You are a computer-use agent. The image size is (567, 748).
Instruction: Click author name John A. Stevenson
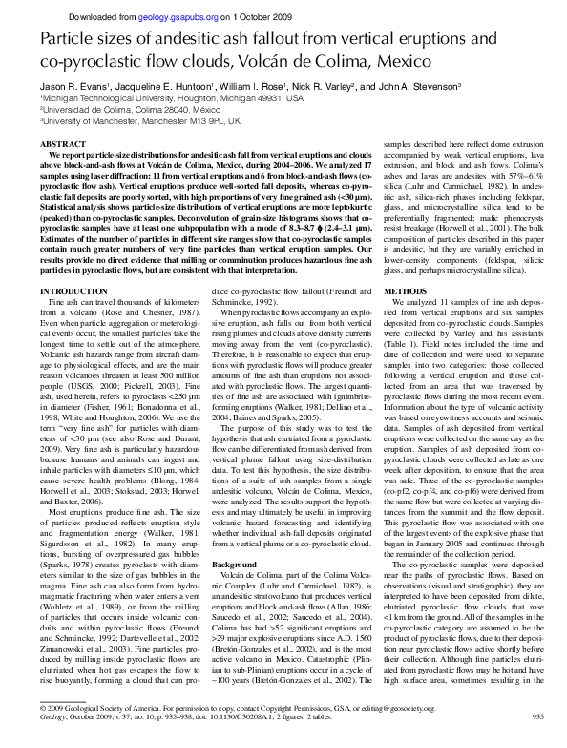pyautogui.click(x=419, y=85)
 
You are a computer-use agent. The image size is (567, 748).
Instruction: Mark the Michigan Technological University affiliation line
pyautogui.click(x=158, y=97)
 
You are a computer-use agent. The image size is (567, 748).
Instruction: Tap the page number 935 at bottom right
pyautogui.click(x=536, y=741)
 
